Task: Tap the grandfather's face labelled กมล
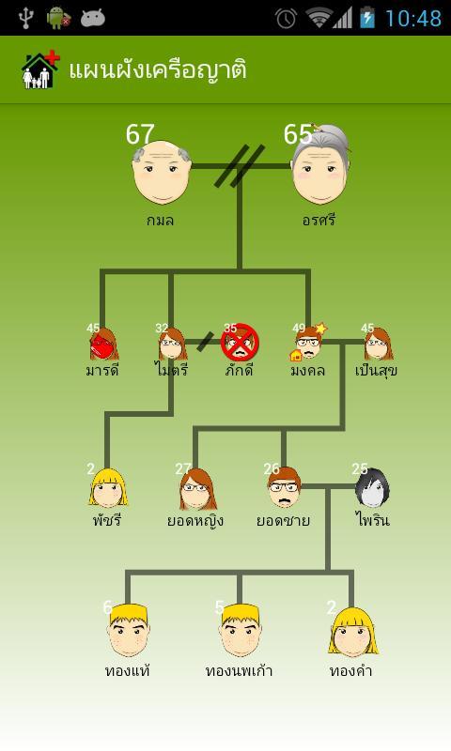click(161, 172)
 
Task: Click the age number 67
click(140, 134)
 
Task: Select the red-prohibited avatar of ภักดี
click(240, 343)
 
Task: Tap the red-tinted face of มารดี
click(103, 345)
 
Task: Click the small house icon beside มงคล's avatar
click(296, 355)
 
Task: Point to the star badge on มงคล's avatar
click(320, 329)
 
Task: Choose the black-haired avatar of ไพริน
click(372, 487)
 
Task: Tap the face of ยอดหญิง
click(197, 489)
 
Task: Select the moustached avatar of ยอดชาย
click(284, 487)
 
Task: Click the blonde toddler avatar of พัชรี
click(108, 488)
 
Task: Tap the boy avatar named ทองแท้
click(128, 630)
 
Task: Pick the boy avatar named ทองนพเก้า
click(241, 630)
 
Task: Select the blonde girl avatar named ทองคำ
click(353, 632)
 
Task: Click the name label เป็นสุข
click(376, 370)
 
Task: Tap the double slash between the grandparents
click(240, 166)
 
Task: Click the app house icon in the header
click(40, 69)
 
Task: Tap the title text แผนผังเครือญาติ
click(158, 69)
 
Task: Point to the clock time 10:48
click(413, 19)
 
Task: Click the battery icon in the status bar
click(367, 17)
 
